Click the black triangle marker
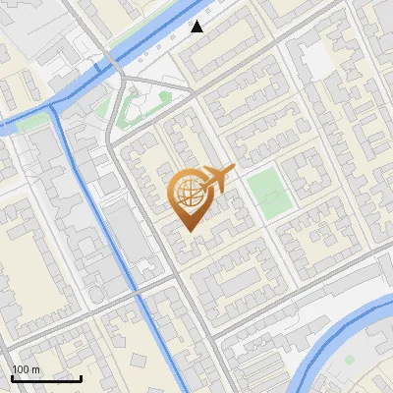pyautogui.click(x=197, y=27)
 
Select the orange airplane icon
pyautogui.click(x=218, y=178)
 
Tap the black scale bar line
pyautogui.click(x=46, y=378)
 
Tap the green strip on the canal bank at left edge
pyautogui.click(x=29, y=122)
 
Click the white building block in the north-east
pyautogui.click(x=316, y=62)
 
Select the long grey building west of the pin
pyautogui.click(x=123, y=236)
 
